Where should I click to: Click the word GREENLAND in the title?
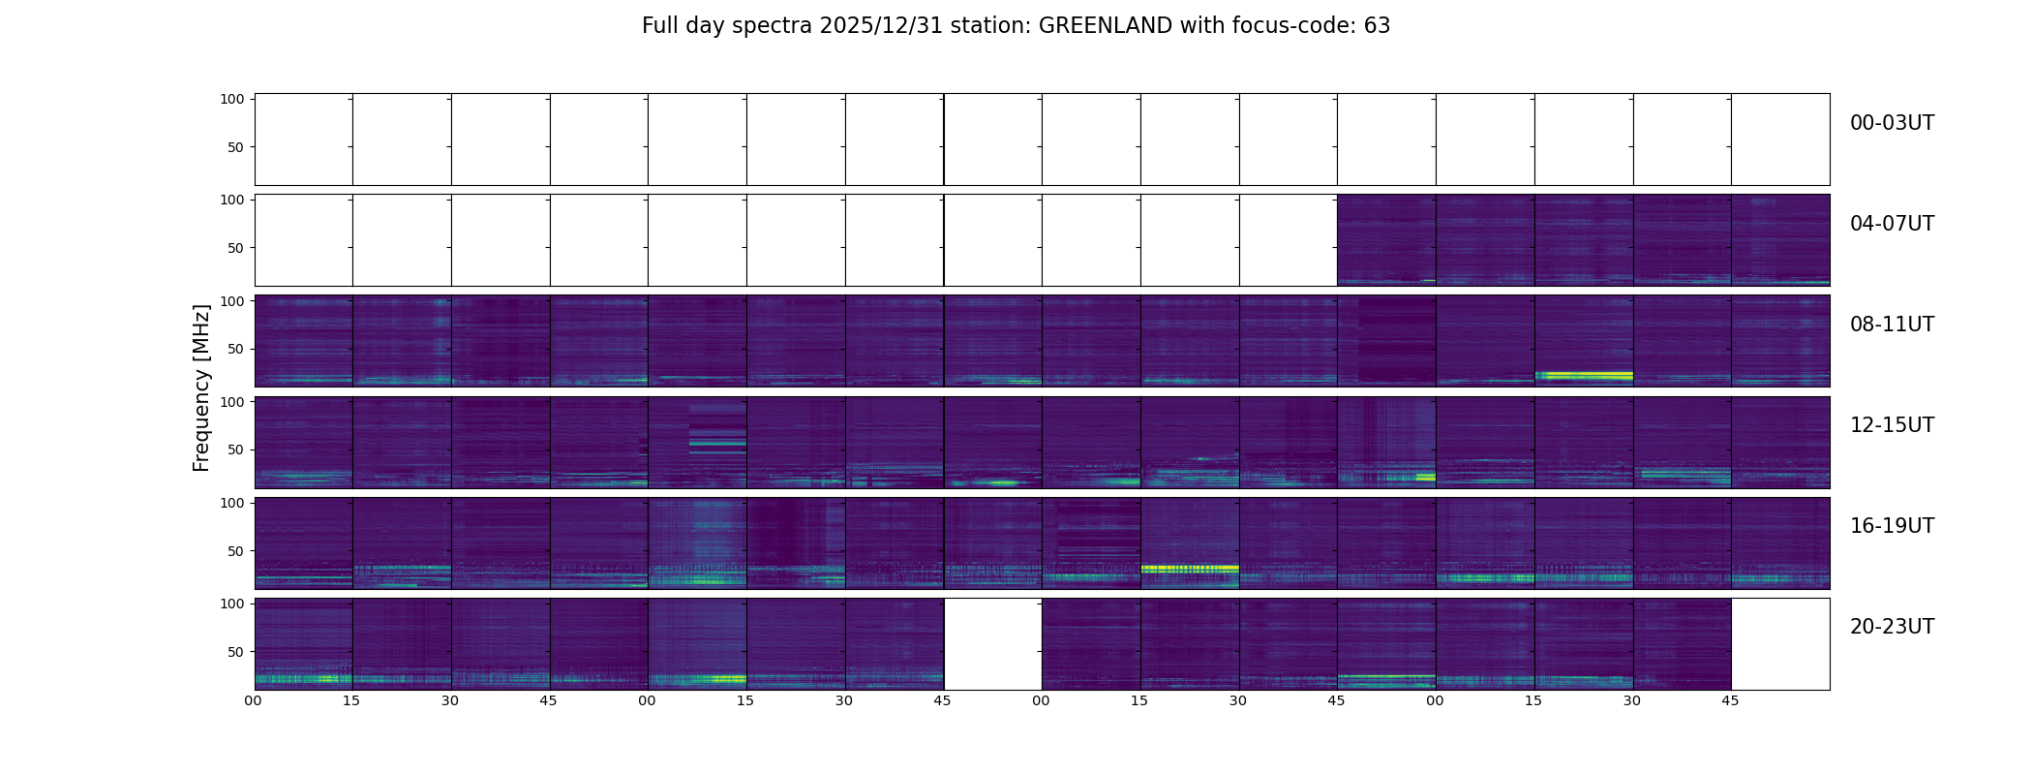click(1105, 26)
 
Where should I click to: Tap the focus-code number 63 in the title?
click(1377, 26)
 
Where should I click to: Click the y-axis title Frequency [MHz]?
click(201, 387)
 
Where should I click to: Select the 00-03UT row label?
click(1892, 123)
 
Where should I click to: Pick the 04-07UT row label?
click(1892, 224)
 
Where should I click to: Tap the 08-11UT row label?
click(1892, 325)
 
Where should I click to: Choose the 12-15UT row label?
click(1892, 425)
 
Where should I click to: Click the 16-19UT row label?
click(1892, 526)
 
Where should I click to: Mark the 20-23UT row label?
click(1892, 627)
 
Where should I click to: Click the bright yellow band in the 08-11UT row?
click(1584, 375)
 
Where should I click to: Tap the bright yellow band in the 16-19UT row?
click(1190, 568)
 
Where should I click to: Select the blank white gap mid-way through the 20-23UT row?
click(992, 644)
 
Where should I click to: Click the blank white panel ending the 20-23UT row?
click(1780, 644)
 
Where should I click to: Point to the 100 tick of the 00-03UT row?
click(232, 99)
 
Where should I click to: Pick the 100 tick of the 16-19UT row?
click(232, 503)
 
